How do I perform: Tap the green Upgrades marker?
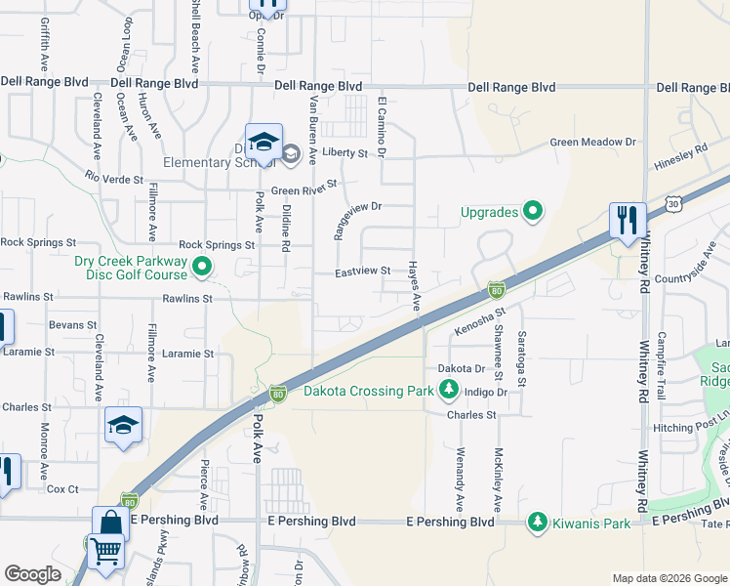pyautogui.click(x=533, y=211)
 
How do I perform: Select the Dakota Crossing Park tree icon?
pyautogui.click(x=449, y=391)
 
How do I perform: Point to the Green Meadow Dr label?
pyautogui.click(x=592, y=143)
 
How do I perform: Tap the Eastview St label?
pyautogui.click(x=363, y=272)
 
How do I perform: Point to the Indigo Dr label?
pyautogui.click(x=487, y=392)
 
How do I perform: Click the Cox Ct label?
pyautogui.click(x=61, y=489)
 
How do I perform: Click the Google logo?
pyautogui.click(x=33, y=574)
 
